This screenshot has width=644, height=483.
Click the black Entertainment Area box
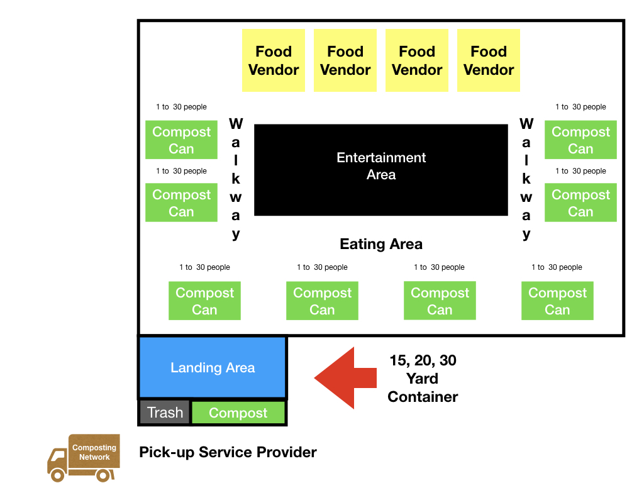(380, 170)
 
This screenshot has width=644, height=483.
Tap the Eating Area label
(381, 244)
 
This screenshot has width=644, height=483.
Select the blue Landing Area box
(212, 368)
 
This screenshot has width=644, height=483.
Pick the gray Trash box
(165, 413)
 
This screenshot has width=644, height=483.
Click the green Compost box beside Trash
(238, 413)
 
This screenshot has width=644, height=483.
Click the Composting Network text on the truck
(94, 453)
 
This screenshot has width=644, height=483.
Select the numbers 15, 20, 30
(423, 360)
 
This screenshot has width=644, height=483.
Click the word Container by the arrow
(423, 397)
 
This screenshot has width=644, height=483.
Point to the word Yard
(423, 379)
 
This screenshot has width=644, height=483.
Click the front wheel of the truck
(57, 473)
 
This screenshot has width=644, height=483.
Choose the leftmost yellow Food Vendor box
(274, 60)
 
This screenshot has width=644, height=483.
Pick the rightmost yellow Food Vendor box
(489, 60)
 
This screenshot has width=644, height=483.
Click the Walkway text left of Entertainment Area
(236, 179)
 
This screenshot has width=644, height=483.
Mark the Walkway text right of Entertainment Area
(526, 179)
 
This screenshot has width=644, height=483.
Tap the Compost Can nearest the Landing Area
(204, 301)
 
